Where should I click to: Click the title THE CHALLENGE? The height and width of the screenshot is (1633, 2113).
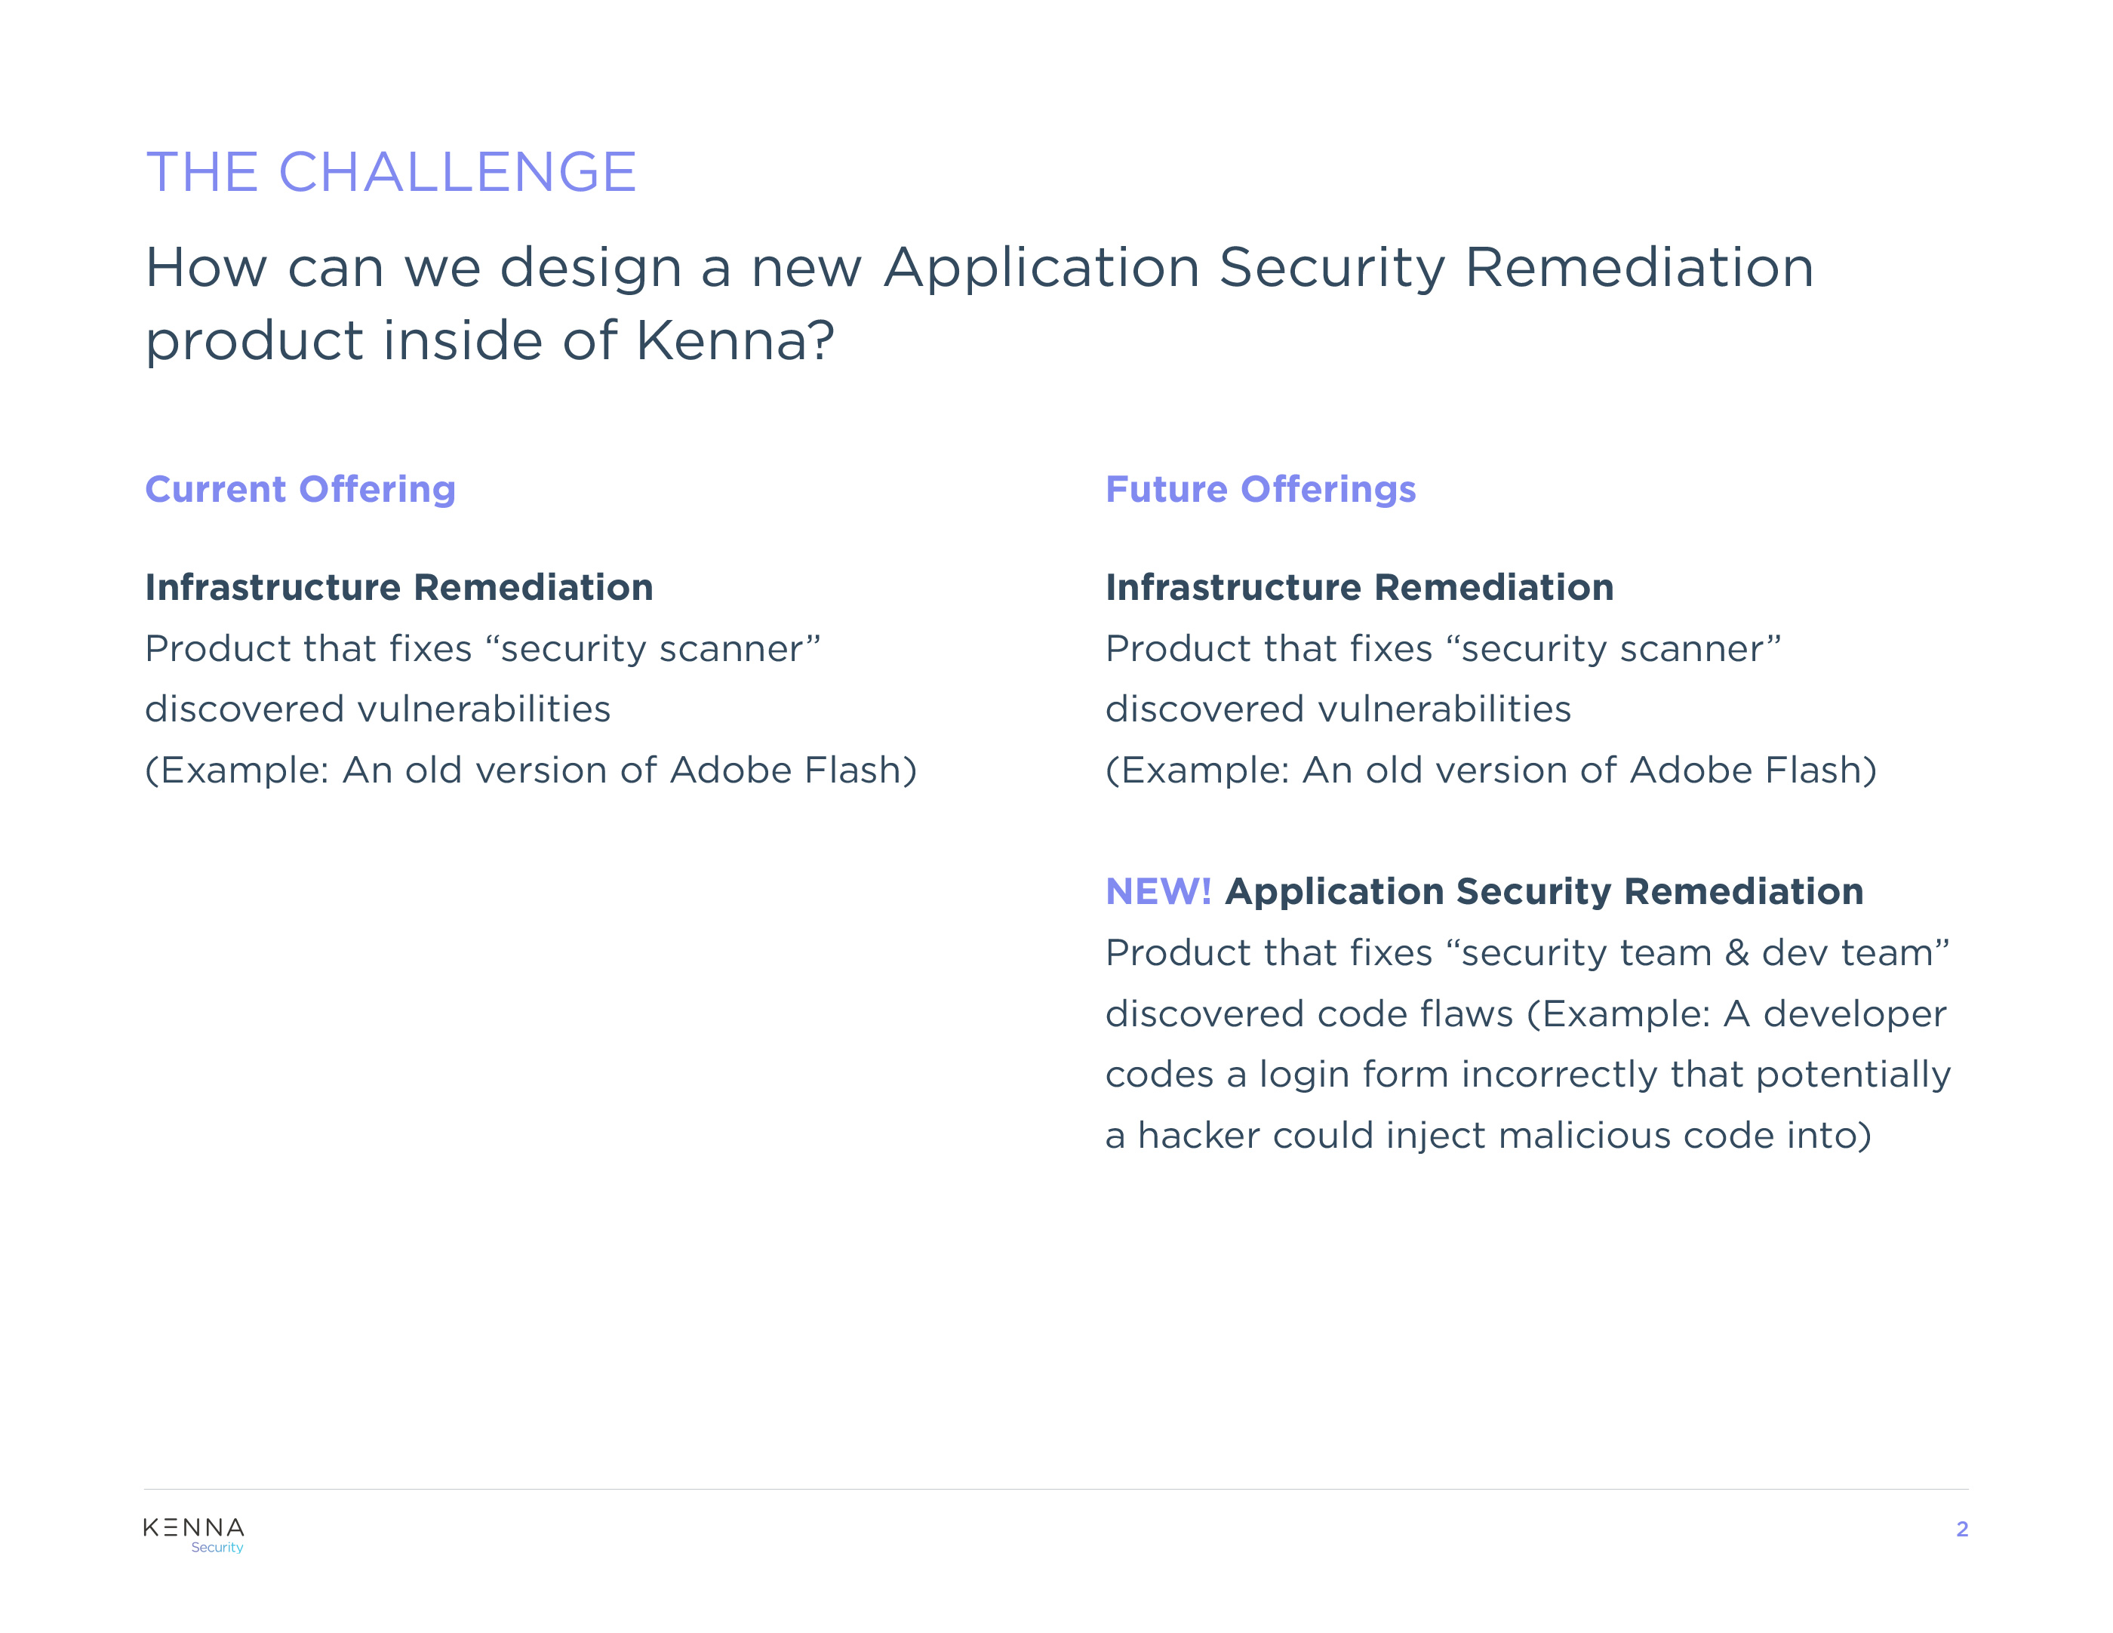(x=391, y=172)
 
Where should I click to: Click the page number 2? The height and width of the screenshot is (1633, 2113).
(x=1961, y=1530)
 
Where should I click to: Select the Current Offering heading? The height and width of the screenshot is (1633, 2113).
(x=300, y=490)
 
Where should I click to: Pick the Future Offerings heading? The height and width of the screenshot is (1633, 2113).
(x=1261, y=490)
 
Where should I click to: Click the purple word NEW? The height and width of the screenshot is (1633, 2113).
(x=1158, y=891)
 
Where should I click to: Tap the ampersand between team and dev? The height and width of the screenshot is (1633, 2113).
(x=1736, y=953)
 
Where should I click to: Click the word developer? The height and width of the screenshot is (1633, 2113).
(x=1855, y=1015)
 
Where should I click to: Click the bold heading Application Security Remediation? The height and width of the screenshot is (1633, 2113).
(x=1544, y=892)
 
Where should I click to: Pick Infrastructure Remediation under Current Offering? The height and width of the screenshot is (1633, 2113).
(x=399, y=587)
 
